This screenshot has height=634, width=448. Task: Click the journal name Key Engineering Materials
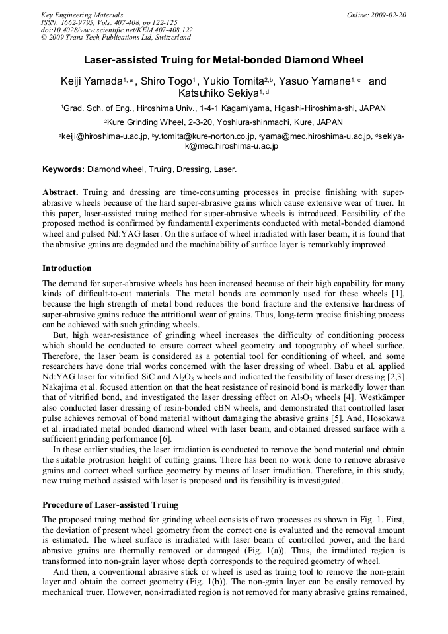pyautogui.click(x=82, y=15)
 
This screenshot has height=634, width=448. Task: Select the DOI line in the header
pyautogui.click(x=117, y=30)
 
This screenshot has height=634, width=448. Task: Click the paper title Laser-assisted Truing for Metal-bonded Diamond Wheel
pyautogui.click(x=224, y=60)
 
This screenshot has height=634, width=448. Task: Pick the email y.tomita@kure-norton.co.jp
pyautogui.click(x=205, y=136)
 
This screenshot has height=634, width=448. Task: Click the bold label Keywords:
pyautogui.click(x=63, y=169)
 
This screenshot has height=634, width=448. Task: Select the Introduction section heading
pyautogui.click(x=67, y=268)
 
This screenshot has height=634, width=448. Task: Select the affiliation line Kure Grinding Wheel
pyautogui.click(x=223, y=122)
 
